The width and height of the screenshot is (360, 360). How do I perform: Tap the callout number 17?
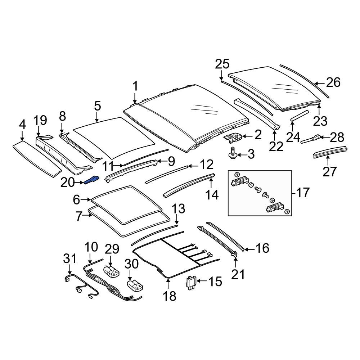303,192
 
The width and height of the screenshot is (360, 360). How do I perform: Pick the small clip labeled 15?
191,283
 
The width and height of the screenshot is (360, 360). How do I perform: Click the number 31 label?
70,259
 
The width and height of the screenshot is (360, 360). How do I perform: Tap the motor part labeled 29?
111,271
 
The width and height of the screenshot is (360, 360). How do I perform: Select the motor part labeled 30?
135,285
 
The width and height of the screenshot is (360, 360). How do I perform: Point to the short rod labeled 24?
299,115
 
